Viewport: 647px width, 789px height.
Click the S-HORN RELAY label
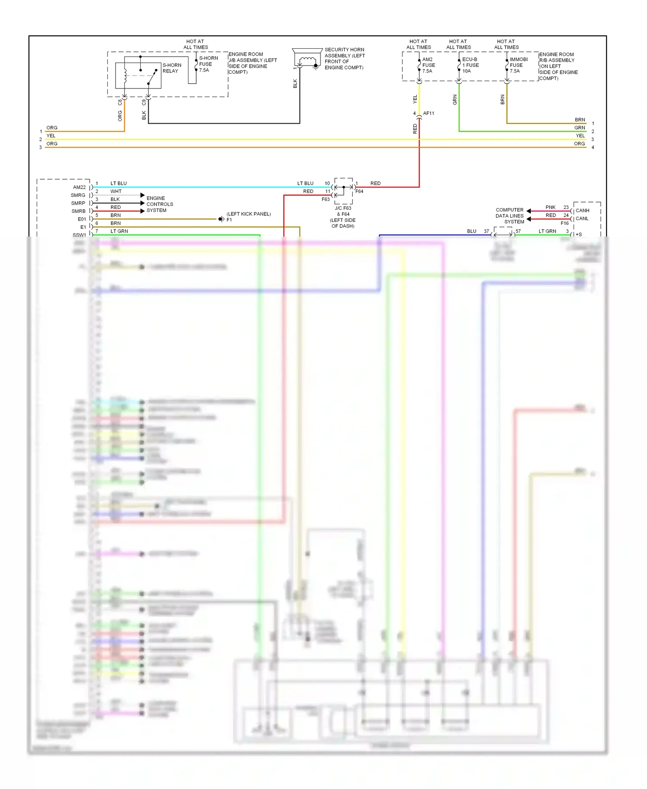[x=171, y=68]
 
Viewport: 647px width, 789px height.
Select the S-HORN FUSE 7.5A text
[x=208, y=64]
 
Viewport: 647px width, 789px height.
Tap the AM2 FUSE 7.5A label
[x=428, y=65]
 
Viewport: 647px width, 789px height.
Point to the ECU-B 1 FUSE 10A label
[x=470, y=65]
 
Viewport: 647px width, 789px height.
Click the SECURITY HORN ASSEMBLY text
[x=344, y=58]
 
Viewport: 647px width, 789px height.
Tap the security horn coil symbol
[x=307, y=60]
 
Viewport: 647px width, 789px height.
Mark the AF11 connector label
[x=428, y=114]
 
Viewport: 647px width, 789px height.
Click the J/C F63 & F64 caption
[x=343, y=217]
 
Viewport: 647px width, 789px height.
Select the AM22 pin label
[x=79, y=187]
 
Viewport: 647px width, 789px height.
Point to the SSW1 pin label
[x=79, y=235]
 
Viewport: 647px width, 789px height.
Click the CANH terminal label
[x=582, y=211]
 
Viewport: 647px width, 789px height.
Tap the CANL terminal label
[x=582, y=218]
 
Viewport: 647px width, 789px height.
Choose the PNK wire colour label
[x=550, y=207]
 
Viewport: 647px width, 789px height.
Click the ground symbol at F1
[x=221, y=219]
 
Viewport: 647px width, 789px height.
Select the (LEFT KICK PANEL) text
[x=248, y=214]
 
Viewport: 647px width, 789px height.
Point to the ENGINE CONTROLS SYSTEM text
[x=159, y=204]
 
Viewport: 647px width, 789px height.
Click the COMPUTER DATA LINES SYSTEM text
[x=510, y=216]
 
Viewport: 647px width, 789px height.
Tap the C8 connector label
[x=120, y=102]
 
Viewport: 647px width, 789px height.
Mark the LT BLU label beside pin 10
[x=305, y=183]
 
